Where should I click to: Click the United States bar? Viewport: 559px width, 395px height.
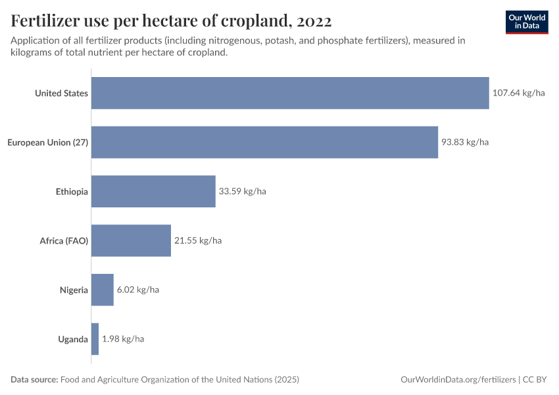(290, 93)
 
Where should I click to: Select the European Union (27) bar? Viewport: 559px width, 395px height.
(264, 142)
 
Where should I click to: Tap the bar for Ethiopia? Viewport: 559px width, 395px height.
(153, 192)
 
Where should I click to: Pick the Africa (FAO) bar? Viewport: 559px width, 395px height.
(131, 241)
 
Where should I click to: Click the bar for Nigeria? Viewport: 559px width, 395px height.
(103, 290)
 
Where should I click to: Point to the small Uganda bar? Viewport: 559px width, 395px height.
(95, 339)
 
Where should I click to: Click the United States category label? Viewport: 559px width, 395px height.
(61, 93)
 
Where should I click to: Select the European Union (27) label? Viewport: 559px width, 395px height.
(47, 142)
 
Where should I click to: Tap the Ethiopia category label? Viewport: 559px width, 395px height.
(72, 192)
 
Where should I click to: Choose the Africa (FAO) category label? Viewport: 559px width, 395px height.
(64, 241)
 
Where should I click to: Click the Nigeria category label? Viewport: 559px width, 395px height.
(74, 290)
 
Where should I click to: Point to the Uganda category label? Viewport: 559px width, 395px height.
(73, 339)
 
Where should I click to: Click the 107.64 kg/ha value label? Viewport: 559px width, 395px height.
(519, 93)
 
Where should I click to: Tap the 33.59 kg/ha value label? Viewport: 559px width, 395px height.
(242, 192)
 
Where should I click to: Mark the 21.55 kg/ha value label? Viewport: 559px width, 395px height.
(198, 241)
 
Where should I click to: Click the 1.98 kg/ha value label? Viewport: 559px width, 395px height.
(123, 339)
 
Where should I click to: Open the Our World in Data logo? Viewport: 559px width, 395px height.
(527, 22)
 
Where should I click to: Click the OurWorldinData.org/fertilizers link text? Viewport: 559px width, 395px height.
(458, 380)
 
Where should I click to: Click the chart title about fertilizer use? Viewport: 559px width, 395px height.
(171, 21)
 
